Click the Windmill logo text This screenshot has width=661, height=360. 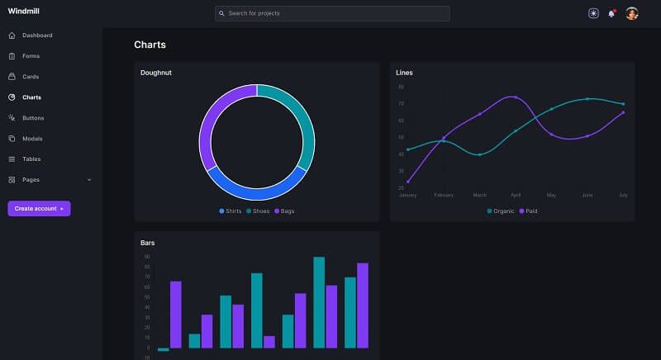tap(24, 11)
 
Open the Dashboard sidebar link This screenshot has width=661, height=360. tap(37, 36)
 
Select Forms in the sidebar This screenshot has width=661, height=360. tap(31, 56)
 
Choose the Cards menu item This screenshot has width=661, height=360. tap(31, 77)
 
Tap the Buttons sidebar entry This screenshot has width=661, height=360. tap(33, 118)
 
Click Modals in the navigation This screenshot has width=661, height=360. tap(32, 139)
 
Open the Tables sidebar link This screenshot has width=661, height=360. tap(31, 159)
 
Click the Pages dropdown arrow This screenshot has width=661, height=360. tap(89, 179)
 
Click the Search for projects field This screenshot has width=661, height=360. tap(332, 13)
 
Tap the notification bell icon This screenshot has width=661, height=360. tap(611, 13)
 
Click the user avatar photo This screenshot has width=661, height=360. tap(631, 13)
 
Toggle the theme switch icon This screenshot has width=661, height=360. tap(593, 13)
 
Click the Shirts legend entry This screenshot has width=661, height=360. tap(231, 211)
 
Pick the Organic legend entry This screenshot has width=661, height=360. tap(501, 211)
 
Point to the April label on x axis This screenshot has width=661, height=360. tap(516, 196)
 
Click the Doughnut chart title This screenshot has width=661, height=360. tap(156, 73)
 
